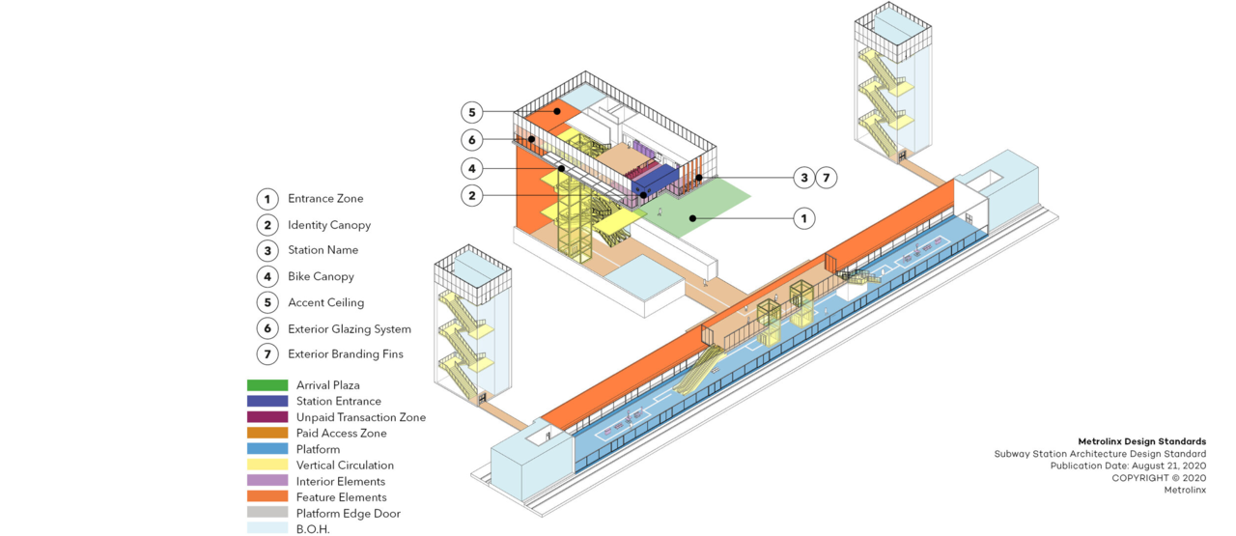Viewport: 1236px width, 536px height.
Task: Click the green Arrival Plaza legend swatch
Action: point(267,385)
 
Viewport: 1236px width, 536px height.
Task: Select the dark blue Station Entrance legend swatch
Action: point(267,401)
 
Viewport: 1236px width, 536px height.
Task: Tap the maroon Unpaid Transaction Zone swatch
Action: point(267,417)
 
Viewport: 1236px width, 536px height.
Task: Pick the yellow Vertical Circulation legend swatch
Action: point(267,465)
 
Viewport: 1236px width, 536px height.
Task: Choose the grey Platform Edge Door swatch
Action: point(267,513)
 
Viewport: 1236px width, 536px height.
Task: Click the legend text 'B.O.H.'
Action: point(313,529)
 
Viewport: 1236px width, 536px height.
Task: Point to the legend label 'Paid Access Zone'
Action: point(341,434)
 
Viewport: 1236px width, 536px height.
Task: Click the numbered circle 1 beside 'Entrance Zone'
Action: point(267,199)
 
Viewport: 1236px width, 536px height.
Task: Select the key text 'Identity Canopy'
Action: point(329,225)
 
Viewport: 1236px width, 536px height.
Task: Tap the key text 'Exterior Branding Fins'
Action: point(346,354)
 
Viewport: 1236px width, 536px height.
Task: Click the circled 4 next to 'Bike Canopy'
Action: point(267,276)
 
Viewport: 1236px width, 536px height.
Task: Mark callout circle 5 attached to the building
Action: point(470,112)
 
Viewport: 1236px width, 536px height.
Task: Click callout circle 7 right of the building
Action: point(827,178)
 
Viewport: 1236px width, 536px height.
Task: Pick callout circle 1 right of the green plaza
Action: point(803,218)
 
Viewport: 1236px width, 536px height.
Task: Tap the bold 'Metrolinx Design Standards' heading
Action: point(1141,441)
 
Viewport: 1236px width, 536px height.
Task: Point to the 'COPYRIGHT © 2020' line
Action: point(1158,478)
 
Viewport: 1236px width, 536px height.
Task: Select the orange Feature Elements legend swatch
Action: point(267,497)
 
